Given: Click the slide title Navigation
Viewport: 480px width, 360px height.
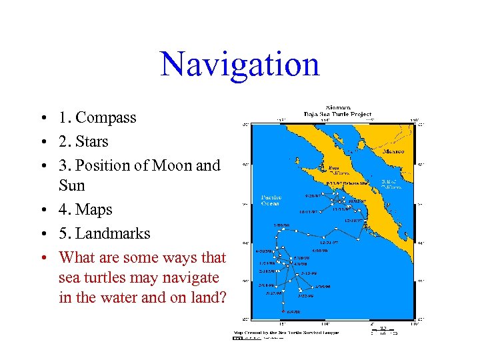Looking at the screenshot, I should [x=240, y=64].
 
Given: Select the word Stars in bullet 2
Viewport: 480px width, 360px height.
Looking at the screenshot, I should [x=92, y=142].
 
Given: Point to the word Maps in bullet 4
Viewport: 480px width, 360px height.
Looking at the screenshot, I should [x=94, y=209].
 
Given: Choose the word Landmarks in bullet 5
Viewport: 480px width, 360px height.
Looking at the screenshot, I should [x=113, y=233].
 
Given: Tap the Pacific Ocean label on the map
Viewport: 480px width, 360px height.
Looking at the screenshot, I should [x=271, y=200].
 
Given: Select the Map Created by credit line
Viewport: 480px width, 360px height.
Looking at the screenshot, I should [x=285, y=331].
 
